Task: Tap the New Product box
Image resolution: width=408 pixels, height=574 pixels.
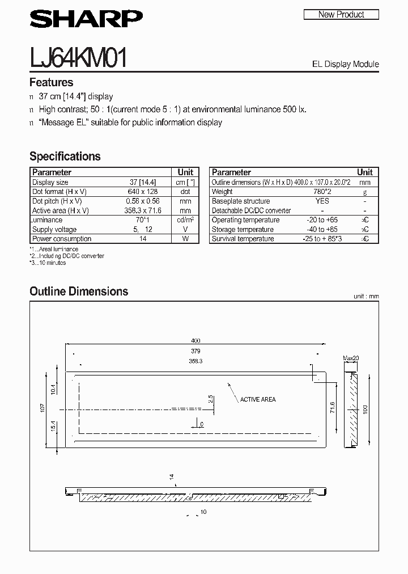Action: [x=341, y=14]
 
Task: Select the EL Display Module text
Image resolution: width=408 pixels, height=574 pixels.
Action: [x=345, y=64]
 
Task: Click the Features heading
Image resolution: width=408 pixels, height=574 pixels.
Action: [x=51, y=82]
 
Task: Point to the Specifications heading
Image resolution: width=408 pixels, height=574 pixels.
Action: [x=65, y=156]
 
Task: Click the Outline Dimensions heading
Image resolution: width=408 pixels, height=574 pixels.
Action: [x=79, y=292]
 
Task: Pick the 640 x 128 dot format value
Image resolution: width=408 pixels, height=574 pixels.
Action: [x=143, y=192]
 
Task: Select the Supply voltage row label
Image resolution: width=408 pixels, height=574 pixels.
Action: [x=54, y=229]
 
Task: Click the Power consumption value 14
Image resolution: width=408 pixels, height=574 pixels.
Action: [x=143, y=239]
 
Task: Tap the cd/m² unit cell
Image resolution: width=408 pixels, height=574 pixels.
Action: [x=185, y=220]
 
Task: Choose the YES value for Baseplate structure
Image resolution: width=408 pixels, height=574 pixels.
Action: [x=322, y=201]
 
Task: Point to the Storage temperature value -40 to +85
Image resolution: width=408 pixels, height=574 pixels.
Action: [x=322, y=229]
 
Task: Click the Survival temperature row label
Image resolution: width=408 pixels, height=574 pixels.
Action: [x=243, y=239]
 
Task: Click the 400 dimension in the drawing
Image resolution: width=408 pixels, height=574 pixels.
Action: [x=195, y=341]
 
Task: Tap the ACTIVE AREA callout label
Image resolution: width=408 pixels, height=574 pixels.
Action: [x=258, y=399]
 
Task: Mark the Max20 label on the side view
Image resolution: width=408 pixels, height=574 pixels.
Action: [x=351, y=358]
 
